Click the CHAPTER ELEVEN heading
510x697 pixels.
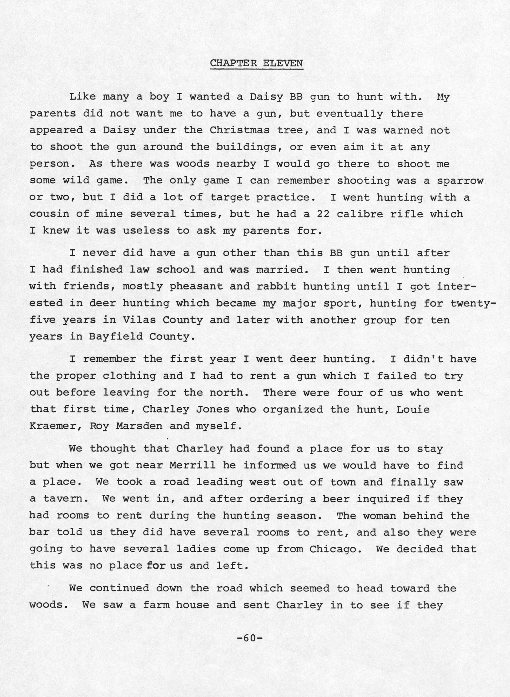[x=257, y=63]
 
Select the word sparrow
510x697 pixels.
[x=460, y=181]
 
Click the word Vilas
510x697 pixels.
[x=136, y=320]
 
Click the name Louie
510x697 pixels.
[x=413, y=410]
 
